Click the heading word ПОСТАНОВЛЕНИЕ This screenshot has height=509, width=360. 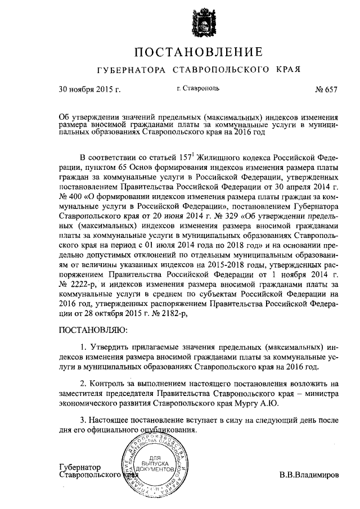pyautogui.click(x=197, y=53)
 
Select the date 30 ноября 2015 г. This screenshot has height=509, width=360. pyautogui.click(x=89, y=89)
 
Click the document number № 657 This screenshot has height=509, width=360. pyautogui.click(x=326, y=89)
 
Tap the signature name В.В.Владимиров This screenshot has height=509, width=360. pyautogui.click(x=309, y=474)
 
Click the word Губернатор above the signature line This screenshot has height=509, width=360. pyautogui.click(x=79, y=466)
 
